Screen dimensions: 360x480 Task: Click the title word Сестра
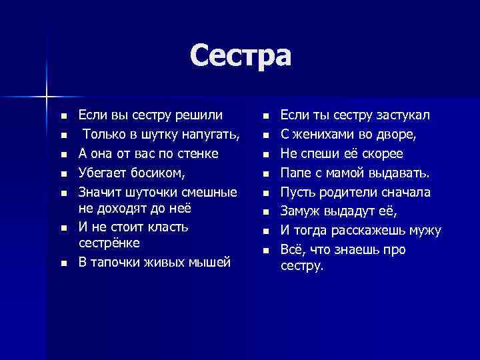click(x=240, y=55)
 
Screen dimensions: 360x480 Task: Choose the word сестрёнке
click(x=109, y=243)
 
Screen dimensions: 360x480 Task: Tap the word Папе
click(x=295, y=173)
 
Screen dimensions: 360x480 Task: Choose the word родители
click(x=345, y=193)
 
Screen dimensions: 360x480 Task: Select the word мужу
click(x=425, y=231)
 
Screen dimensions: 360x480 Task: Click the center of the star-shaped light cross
click(x=47, y=96)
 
